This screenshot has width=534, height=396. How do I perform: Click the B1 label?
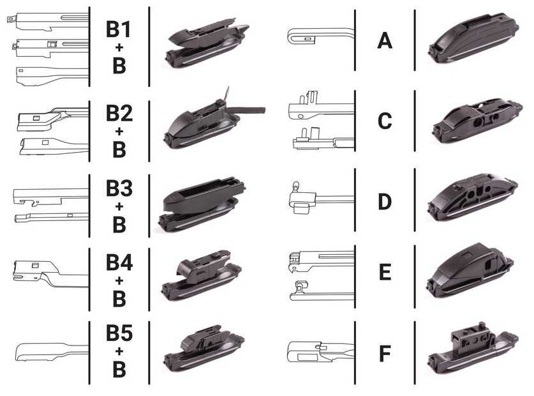(x=119, y=29)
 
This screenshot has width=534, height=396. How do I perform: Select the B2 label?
(x=119, y=113)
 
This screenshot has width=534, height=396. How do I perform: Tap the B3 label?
(x=119, y=188)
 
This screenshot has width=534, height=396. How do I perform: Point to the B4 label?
(x=119, y=263)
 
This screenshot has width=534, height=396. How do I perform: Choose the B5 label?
(x=119, y=333)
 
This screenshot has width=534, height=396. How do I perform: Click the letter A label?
(x=385, y=40)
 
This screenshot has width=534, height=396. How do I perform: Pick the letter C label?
(x=385, y=121)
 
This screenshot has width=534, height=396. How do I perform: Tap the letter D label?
(x=385, y=201)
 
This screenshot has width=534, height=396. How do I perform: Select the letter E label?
(x=385, y=272)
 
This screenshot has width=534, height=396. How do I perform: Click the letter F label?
(x=385, y=353)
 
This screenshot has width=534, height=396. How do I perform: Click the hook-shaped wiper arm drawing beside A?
(x=320, y=36)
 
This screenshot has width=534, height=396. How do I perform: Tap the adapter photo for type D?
(x=473, y=199)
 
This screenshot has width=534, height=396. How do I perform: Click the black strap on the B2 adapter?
(x=246, y=110)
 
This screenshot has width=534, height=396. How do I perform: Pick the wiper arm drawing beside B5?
(x=51, y=352)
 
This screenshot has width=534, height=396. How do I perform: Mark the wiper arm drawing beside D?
(x=320, y=198)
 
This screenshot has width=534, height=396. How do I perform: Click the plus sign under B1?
(x=119, y=47)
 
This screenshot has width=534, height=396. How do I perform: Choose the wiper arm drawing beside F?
(x=320, y=351)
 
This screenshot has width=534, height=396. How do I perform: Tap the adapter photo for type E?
(x=470, y=271)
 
